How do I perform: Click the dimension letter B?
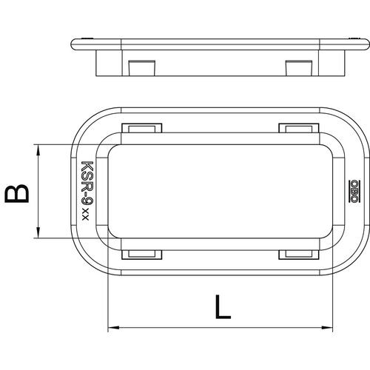tap(17, 193)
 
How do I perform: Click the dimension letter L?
tap(223, 306)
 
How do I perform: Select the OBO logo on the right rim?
tap(354, 192)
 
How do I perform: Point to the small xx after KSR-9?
tap(85, 215)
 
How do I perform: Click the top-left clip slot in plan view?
tap(142, 128)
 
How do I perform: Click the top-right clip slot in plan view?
tap(299, 128)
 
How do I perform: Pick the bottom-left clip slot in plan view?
tap(142, 255)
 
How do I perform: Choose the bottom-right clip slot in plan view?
tap(299, 255)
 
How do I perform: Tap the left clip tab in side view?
tap(141, 67)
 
